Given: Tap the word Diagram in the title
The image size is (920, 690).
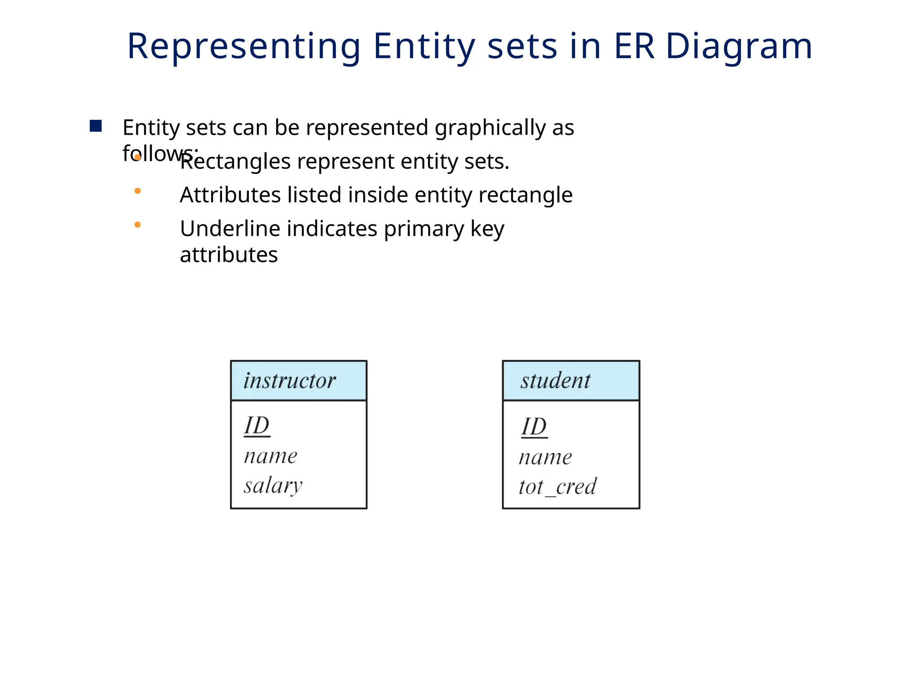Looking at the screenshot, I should pos(739,47).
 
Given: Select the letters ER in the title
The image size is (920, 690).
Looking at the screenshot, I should pos(634,46).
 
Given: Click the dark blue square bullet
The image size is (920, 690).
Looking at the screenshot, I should pos(96,126).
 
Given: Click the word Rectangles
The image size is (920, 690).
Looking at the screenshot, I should pos(235,161).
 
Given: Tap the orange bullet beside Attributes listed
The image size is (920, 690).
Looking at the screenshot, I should pos(137,191).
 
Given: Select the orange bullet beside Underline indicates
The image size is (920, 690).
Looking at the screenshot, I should pos(137,225).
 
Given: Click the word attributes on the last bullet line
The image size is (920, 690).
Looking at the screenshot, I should pos(229,255).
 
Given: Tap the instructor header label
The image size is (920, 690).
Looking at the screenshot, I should pos(290,380).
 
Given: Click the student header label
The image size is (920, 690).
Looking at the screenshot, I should pos(555,380).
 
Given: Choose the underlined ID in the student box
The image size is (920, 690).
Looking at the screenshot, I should pos(534,426).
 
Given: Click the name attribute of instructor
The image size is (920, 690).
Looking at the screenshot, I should pos(270,456).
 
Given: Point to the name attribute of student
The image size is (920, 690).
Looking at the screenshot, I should pos(545,458).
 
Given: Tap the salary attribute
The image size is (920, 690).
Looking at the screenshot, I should pos(273,486).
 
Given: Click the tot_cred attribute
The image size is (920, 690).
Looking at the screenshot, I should pos(557,487).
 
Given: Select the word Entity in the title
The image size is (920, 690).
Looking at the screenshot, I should pos(424,47).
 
